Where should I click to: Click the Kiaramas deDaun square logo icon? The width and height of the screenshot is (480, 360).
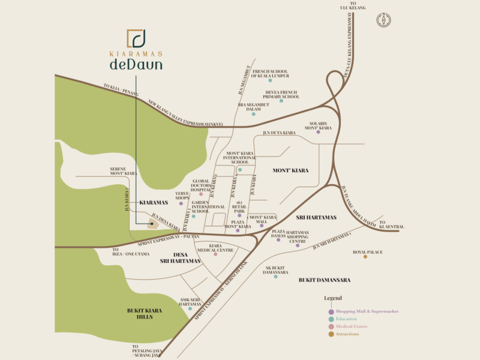[136, 38]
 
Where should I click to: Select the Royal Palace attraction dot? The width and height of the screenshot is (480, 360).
[365, 257]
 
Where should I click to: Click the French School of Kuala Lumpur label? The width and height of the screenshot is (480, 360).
[269, 73]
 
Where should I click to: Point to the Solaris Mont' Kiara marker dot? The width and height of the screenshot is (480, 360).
[318, 132]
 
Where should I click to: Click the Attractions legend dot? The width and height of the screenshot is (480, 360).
[331, 334]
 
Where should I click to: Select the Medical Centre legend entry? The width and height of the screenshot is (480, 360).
[352, 326]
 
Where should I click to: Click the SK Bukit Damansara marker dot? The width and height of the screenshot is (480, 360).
[275, 277]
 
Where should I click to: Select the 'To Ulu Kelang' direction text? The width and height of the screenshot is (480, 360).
[358, 6]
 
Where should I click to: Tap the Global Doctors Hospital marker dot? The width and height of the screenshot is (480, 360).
[201, 194]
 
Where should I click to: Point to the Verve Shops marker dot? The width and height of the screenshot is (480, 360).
[181, 204]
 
